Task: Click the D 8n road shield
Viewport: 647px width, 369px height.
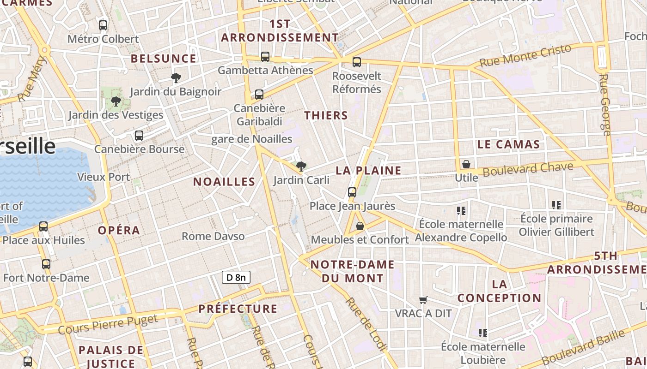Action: click(236, 277)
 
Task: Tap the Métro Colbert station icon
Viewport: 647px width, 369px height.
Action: click(103, 25)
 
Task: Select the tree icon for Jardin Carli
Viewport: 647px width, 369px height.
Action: click(301, 166)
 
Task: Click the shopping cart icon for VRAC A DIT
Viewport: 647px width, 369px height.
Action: click(423, 300)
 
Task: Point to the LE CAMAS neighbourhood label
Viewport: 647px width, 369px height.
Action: click(508, 144)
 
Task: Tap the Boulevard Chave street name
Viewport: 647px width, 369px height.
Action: click(528, 169)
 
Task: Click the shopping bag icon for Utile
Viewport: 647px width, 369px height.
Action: click(466, 164)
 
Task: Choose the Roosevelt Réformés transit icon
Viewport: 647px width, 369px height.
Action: click(356, 62)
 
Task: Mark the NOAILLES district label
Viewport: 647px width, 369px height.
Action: click(224, 182)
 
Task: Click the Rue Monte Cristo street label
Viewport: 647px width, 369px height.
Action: click(525, 56)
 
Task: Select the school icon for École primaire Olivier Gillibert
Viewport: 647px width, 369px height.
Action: click(556, 205)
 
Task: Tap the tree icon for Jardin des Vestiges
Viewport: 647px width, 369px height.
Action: click(116, 101)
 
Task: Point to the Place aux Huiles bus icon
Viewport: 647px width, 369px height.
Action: click(43, 226)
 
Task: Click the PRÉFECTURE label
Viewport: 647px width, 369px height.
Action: click(238, 309)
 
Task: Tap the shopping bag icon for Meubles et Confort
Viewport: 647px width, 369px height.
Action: click(360, 226)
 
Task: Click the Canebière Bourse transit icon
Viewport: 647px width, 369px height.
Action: click(139, 136)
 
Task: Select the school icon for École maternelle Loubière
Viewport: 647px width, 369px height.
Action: click(483, 333)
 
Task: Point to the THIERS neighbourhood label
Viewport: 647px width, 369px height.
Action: click(326, 115)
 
